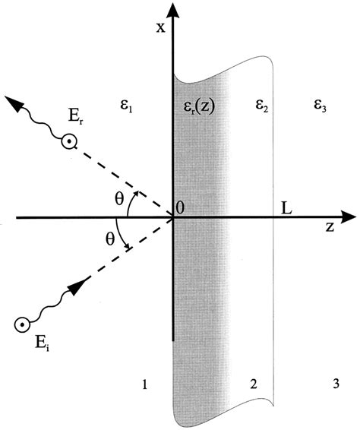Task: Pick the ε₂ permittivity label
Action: [x=262, y=109]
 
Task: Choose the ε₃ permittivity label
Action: [x=320, y=109]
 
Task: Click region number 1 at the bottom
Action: [x=144, y=385]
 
